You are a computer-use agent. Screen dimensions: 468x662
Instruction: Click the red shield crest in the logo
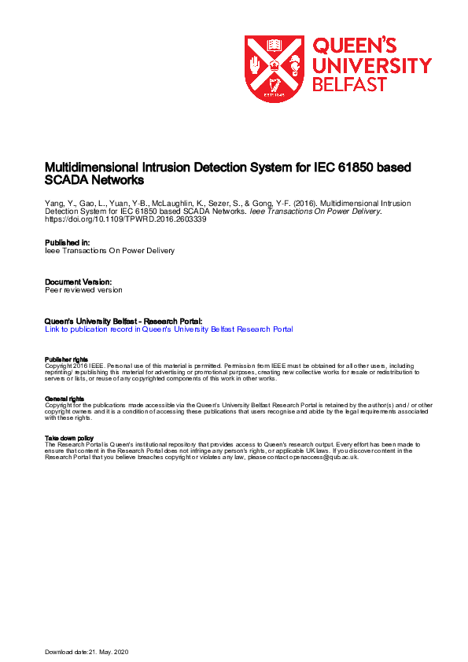tap(274, 68)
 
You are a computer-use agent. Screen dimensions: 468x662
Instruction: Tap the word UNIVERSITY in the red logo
tap(372, 65)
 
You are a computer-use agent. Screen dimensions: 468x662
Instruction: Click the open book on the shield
tap(275, 46)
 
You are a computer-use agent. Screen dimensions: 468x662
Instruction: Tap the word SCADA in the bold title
tap(67, 180)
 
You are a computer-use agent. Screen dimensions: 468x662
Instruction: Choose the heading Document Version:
tap(79, 281)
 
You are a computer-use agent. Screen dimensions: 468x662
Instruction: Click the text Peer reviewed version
tap(84, 289)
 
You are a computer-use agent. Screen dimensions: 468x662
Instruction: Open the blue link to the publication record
tap(169, 329)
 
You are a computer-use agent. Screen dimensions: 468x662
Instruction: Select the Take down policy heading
tap(69, 438)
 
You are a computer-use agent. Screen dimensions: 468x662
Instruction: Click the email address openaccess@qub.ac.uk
tap(314, 457)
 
